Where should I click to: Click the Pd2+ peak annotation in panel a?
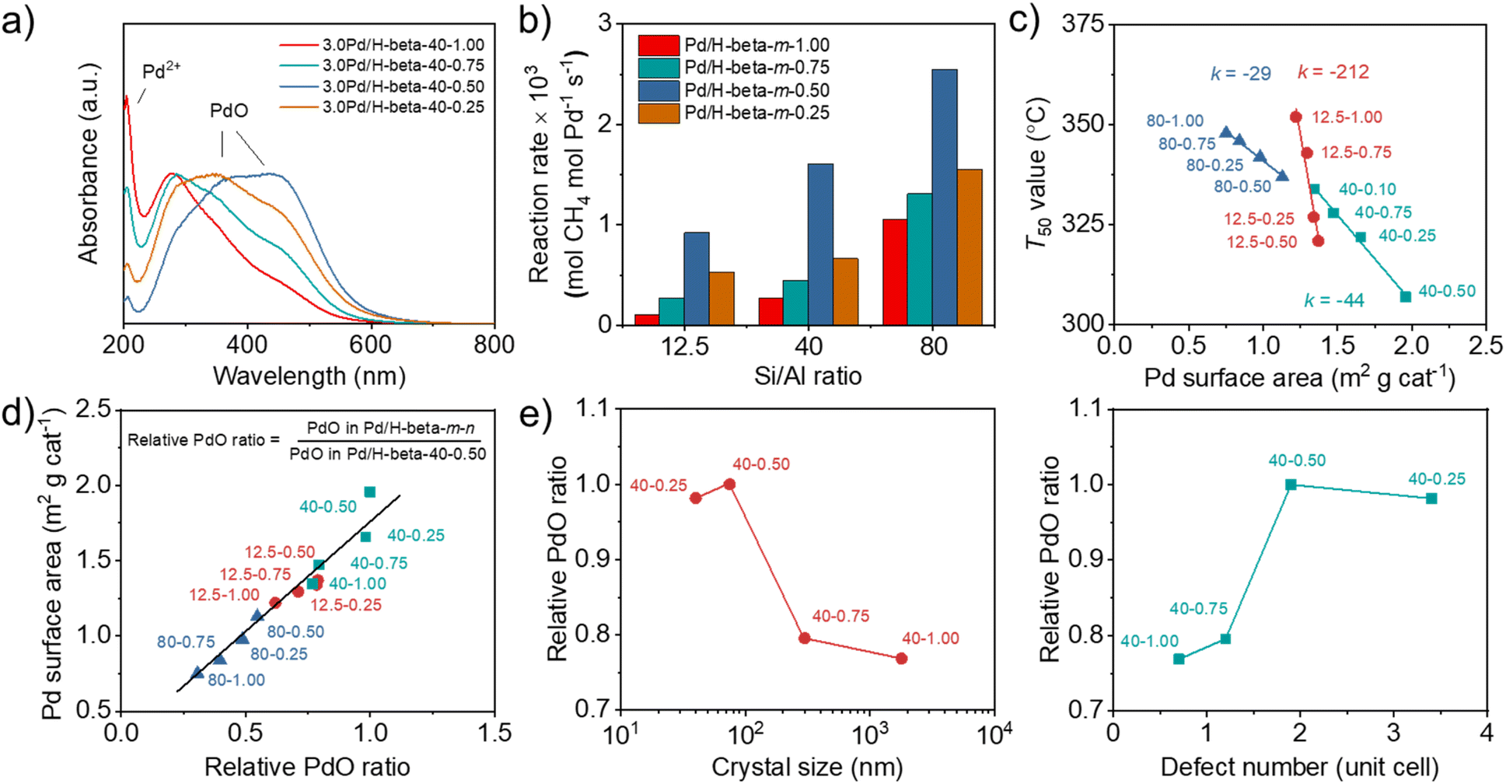click(161, 72)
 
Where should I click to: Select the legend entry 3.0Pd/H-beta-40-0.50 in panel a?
click(403, 86)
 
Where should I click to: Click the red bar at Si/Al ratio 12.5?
click(647, 319)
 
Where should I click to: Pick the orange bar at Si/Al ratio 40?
click(846, 292)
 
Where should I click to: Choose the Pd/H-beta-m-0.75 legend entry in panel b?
click(756, 68)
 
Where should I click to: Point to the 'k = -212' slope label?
click(1333, 72)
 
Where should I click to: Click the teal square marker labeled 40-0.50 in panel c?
click(1406, 296)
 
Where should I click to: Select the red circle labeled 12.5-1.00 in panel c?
click(1296, 117)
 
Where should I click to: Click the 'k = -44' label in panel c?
click(1334, 300)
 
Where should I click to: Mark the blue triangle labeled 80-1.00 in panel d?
click(197, 673)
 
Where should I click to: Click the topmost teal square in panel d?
click(370, 492)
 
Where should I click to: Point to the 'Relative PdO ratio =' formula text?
click(203, 440)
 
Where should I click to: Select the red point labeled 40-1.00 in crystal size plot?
click(901, 658)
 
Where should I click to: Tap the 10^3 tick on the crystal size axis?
click(869, 734)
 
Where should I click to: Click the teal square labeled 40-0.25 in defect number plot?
click(1431, 499)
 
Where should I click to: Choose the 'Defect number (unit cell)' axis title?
click(1299, 768)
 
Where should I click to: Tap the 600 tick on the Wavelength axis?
click(371, 345)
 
